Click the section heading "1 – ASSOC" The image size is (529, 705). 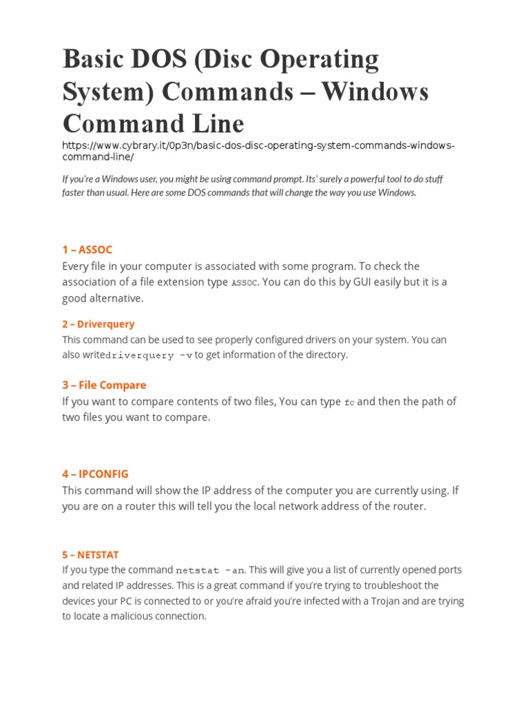[87, 249]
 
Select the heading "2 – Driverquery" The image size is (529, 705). [98, 324]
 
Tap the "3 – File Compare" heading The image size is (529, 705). [104, 385]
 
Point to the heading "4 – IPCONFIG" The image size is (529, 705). [95, 474]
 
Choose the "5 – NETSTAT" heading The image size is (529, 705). [90, 554]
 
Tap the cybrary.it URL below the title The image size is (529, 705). [258, 151]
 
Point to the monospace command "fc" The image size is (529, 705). [349, 402]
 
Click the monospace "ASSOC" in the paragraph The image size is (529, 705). [245, 282]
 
